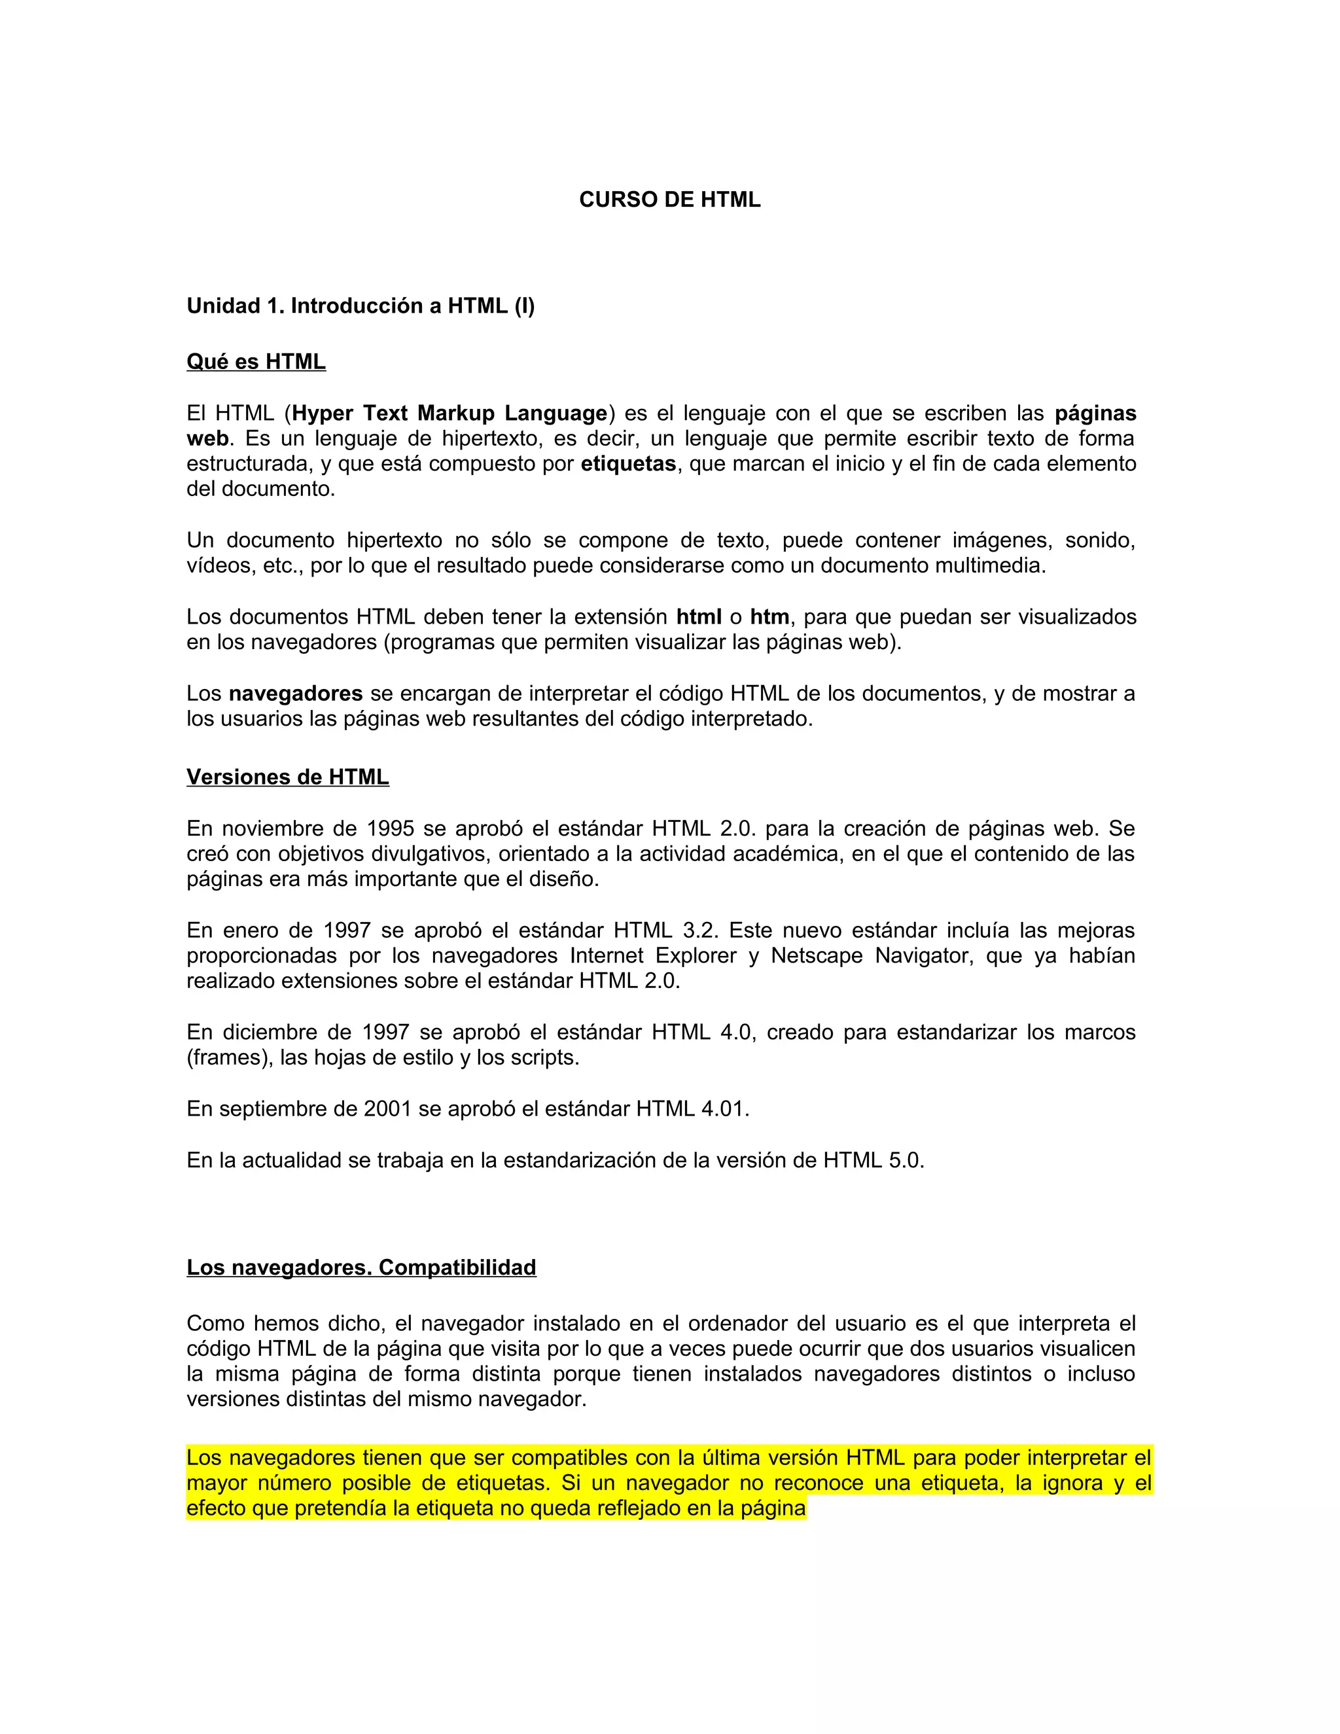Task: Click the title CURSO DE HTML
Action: [x=669, y=200]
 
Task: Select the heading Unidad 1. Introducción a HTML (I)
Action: [x=361, y=306]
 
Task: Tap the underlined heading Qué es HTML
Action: [x=256, y=362]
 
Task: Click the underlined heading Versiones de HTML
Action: [x=287, y=777]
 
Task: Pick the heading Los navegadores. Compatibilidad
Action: [x=361, y=1268]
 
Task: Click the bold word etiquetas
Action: [x=628, y=464]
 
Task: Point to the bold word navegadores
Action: [x=295, y=694]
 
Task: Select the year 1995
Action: [x=390, y=829]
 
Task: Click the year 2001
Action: [x=387, y=1109]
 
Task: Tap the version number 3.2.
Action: [x=699, y=930]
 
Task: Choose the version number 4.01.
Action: [x=724, y=1109]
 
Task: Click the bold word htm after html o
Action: [x=769, y=617]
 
